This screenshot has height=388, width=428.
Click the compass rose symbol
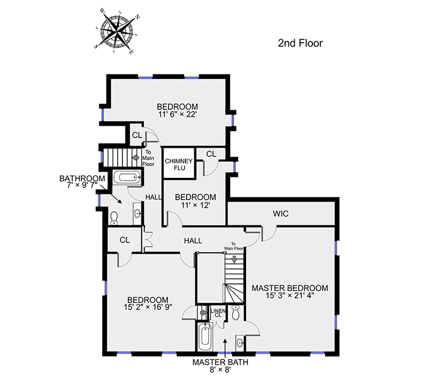(x=117, y=31)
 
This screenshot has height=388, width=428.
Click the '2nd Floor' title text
(x=300, y=43)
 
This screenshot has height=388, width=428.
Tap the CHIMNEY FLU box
(x=179, y=163)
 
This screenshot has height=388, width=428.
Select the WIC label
(x=280, y=214)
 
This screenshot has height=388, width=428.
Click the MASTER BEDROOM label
(x=290, y=288)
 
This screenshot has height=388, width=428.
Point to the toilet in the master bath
(x=235, y=313)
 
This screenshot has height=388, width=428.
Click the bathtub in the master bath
(x=205, y=337)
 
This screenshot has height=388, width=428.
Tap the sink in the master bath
(x=240, y=343)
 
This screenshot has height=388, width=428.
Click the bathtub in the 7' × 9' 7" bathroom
(x=127, y=178)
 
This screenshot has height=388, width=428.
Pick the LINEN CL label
(x=218, y=313)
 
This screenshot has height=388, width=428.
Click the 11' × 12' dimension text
(x=195, y=205)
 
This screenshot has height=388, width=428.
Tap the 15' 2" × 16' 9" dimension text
(x=148, y=307)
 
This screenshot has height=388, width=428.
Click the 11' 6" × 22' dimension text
(x=178, y=115)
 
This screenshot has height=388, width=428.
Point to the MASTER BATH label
(x=220, y=362)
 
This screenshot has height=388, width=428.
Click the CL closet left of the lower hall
(x=125, y=240)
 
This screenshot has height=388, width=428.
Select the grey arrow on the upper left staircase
(x=135, y=157)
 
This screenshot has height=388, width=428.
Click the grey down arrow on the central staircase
(x=234, y=260)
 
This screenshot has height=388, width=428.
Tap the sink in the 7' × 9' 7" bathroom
(x=137, y=214)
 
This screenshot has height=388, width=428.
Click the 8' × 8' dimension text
(x=220, y=370)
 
